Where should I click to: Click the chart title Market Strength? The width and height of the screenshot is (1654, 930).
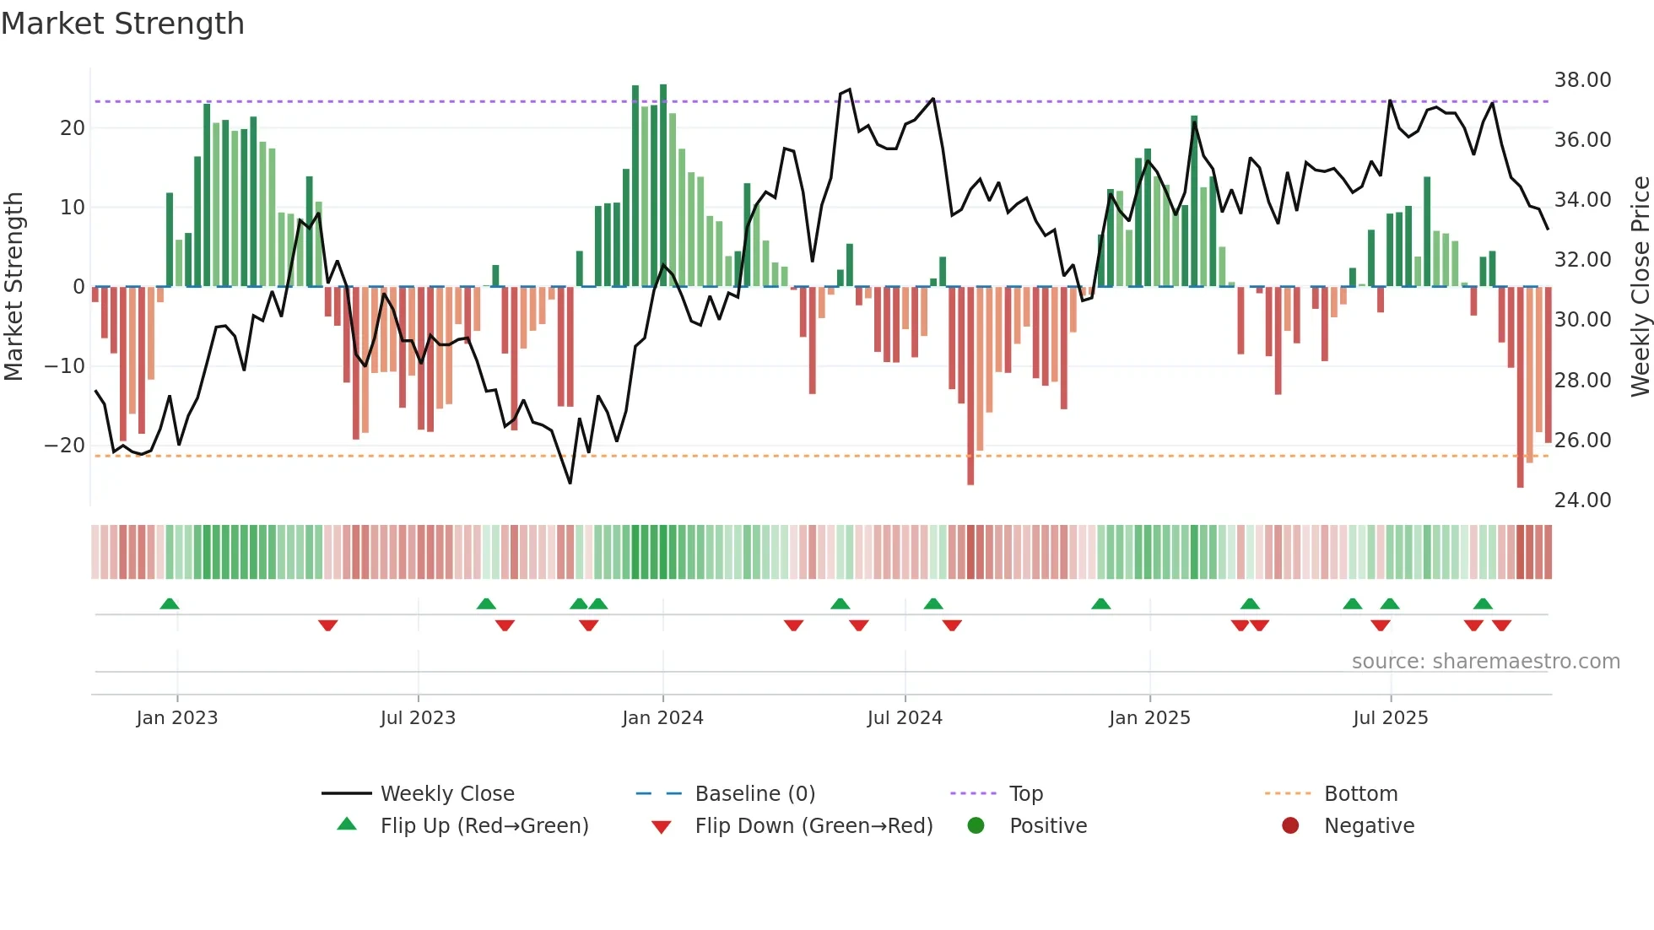[x=122, y=24]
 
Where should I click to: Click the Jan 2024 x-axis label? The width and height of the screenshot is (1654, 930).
[x=662, y=717]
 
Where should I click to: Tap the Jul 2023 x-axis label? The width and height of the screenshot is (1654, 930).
[x=418, y=717]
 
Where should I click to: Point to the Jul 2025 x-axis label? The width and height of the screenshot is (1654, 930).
[x=1390, y=717]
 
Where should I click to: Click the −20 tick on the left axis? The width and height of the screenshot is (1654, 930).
[x=65, y=446]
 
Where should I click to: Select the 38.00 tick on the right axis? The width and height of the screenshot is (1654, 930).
[x=1582, y=80]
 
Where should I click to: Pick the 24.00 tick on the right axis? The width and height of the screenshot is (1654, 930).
[x=1582, y=500]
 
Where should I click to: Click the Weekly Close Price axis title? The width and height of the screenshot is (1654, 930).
[x=1640, y=287]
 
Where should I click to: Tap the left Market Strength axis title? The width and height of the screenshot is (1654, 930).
[x=14, y=287]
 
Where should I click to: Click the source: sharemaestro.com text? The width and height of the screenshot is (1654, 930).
[x=1485, y=661]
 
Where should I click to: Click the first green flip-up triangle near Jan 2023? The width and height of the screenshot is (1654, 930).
[x=170, y=603]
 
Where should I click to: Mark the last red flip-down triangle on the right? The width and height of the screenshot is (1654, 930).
[x=1501, y=625]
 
